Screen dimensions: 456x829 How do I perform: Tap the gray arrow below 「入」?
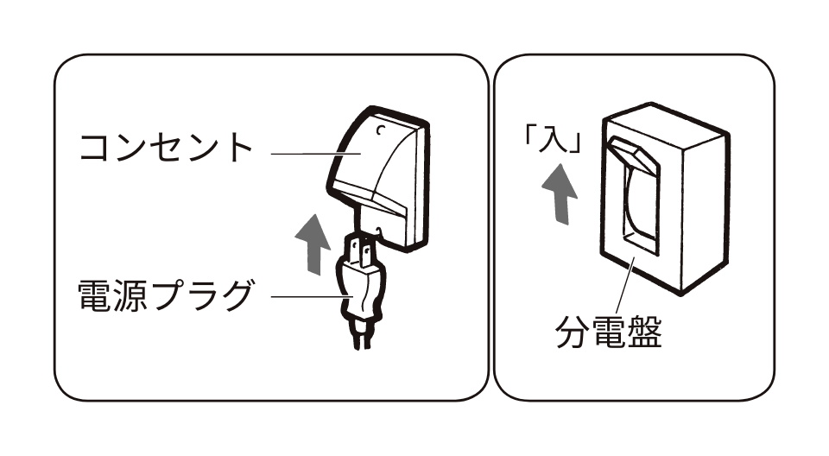tap(561, 195)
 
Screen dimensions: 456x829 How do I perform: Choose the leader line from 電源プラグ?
tap(307, 298)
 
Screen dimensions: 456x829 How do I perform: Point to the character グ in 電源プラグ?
tap(235, 296)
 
